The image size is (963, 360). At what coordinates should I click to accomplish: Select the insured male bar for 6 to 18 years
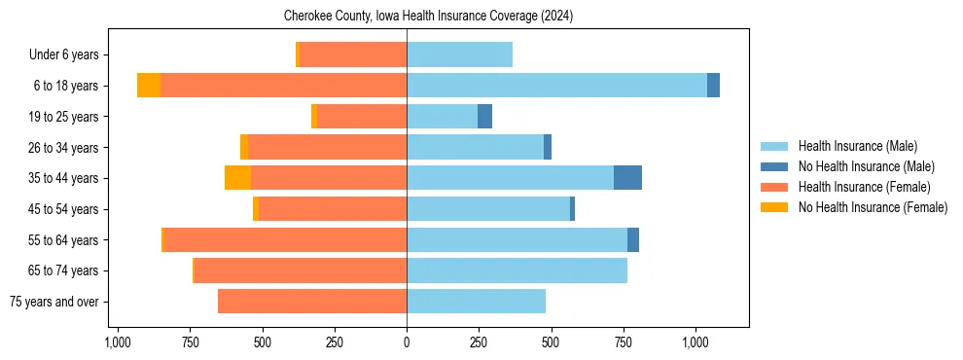pyautogui.click(x=556, y=86)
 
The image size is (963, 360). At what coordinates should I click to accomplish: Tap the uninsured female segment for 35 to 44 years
pyautogui.click(x=237, y=178)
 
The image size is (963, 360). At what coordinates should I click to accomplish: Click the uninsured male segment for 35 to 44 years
pyautogui.click(x=627, y=178)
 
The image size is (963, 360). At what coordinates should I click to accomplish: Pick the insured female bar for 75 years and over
pyautogui.click(x=311, y=302)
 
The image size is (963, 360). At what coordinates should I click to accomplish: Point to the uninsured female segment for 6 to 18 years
pyautogui.click(x=149, y=86)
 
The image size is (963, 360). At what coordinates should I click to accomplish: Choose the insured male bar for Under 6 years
pyautogui.click(x=459, y=54)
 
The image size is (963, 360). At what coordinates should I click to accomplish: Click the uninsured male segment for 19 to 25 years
pyautogui.click(x=484, y=117)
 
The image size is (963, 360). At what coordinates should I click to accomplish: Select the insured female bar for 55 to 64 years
pyautogui.click(x=285, y=239)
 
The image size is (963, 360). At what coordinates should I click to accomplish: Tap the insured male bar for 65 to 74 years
pyautogui.click(x=517, y=270)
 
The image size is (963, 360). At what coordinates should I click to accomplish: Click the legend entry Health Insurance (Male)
pyautogui.click(x=857, y=146)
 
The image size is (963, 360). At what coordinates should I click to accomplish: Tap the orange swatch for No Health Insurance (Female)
pyautogui.click(x=774, y=207)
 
